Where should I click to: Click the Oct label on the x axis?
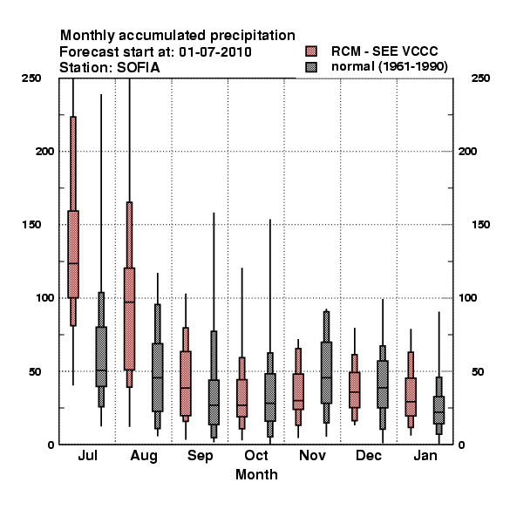pyautogui.click(x=256, y=455)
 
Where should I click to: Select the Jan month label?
pyautogui.click(x=425, y=455)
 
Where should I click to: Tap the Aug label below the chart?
pyautogui.click(x=144, y=456)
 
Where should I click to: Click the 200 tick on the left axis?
pyautogui.click(x=44, y=152)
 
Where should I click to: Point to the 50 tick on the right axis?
pyautogui.click(x=478, y=371)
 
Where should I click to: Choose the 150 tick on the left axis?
pyautogui.click(x=31, y=225)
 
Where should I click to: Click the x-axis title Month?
pyautogui.click(x=256, y=475)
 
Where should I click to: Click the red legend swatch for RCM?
pyautogui.click(x=311, y=51)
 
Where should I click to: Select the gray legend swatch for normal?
pyautogui.click(x=311, y=67)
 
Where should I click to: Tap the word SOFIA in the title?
pyautogui.click(x=139, y=68)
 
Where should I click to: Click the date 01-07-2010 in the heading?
pyautogui.click(x=215, y=52)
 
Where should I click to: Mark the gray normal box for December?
pyautogui.click(x=383, y=384)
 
